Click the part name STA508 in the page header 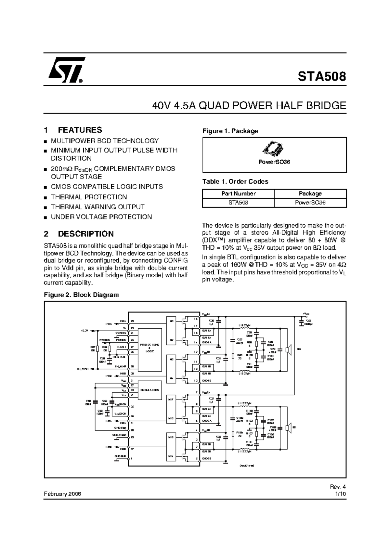click(x=322, y=77)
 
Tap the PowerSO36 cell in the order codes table click(x=310, y=203)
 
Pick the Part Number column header click(x=239, y=193)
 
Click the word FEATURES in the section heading click(x=80, y=130)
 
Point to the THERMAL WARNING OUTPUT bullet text click(x=98, y=207)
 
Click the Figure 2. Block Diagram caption click(x=82, y=295)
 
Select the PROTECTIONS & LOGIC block click(x=150, y=348)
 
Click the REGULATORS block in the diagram click(x=150, y=390)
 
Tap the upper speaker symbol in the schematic click(x=288, y=349)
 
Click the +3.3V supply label click(x=84, y=331)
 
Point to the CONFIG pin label click(x=121, y=333)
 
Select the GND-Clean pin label click(x=120, y=435)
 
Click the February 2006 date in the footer click(x=62, y=494)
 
